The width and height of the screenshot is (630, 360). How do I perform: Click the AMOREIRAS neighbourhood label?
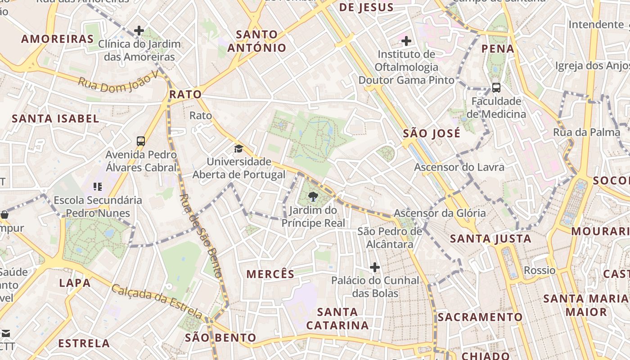pyautogui.click(x=57, y=39)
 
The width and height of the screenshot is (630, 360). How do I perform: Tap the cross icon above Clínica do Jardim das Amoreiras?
pyautogui.click(x=139, y=31)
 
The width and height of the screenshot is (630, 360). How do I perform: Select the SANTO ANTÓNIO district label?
pyautogui.click(x=257, y=41)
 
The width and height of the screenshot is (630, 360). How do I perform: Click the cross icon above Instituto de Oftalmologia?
pyautogui.click(x=406, y=41)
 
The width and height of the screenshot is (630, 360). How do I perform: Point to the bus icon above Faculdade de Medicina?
pyautogui.click(x=496, y=88)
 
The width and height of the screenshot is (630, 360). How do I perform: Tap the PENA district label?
pyautogui.click(x=498, y=49)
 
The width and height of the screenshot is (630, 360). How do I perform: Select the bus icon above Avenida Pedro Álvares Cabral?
pyautogui.click(x=141, y=141)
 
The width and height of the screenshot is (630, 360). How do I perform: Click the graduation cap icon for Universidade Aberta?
pyautogui.click(x=238, y=148)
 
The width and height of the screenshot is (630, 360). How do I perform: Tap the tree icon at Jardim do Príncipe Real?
pyautogui.click(x=313, y=196)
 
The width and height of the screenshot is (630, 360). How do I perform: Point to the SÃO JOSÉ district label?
pyautogui.click(x=432, y=134)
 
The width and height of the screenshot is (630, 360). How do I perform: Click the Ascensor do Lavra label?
pyautogui.click(x=459, y=167)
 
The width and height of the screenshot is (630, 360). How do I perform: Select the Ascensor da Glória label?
pyautogui.click(x=440, y=213)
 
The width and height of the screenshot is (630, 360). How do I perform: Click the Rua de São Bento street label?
pyautogui.click(x=201, y=235)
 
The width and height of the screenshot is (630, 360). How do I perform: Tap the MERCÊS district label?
pyautogui.click(x=270, y=274)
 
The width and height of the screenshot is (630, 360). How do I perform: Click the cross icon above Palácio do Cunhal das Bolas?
pyautogui.click(x=374, y=268)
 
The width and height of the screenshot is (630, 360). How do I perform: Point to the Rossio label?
pyautogui.click(x=540, y=270)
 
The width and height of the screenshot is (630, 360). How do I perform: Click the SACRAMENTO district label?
pyautogui.click(x=480, y=317)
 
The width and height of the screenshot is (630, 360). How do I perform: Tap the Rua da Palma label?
pyautogui.click(x=580, y=132)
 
